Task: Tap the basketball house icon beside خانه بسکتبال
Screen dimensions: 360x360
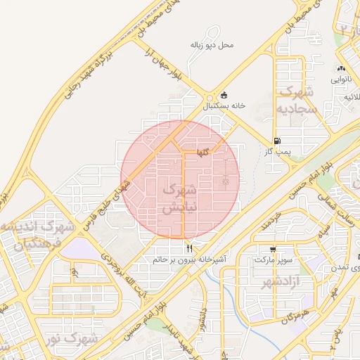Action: [x=224, y=96]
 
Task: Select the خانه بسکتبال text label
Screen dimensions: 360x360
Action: [x=224, y=106]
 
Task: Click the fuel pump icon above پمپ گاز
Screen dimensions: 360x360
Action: [x=278, y=141]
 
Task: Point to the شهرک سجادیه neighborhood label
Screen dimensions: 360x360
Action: [x=298, y=101]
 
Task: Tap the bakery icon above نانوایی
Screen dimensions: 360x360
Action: [x=341, y=69]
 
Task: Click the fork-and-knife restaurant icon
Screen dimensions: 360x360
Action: [x=188, y=249]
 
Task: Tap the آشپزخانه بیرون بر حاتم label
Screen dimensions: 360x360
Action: [x=189, y=259]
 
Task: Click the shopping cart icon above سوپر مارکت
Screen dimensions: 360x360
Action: [x=272, y=250]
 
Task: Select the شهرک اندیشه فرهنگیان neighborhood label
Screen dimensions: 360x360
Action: [x=38, y=236]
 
